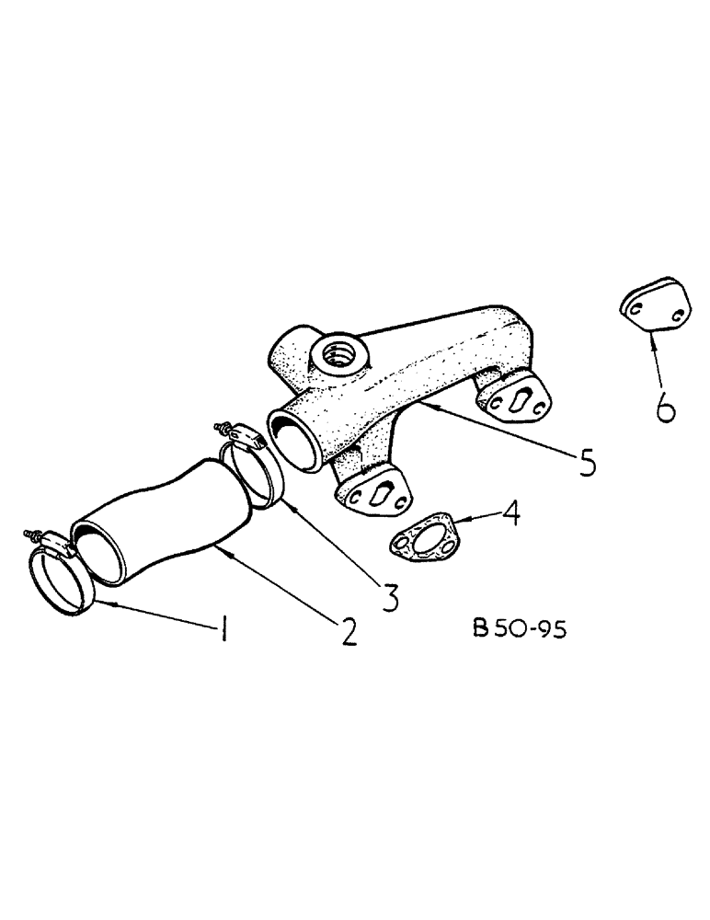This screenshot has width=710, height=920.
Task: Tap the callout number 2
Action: pyautogui.click(x=347, y=631)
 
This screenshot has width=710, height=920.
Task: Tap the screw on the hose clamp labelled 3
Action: pyautogui.click(x=223, y=428)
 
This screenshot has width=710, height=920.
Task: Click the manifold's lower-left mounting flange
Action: pyautogui.click(x=372, y=489)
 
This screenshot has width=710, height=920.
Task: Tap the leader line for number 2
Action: pyautogui.click(x=277, y=583)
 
